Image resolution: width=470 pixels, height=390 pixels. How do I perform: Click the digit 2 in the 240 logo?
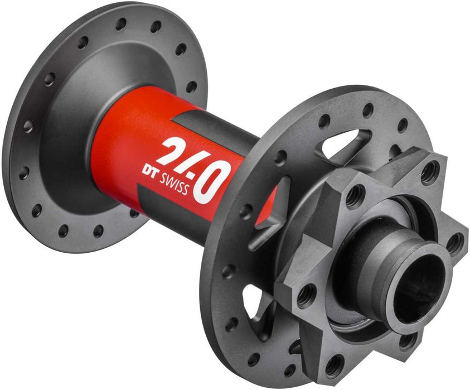172,150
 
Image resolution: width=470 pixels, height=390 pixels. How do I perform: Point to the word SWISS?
173,184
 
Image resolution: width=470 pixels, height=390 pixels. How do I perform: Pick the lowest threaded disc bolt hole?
333,364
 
